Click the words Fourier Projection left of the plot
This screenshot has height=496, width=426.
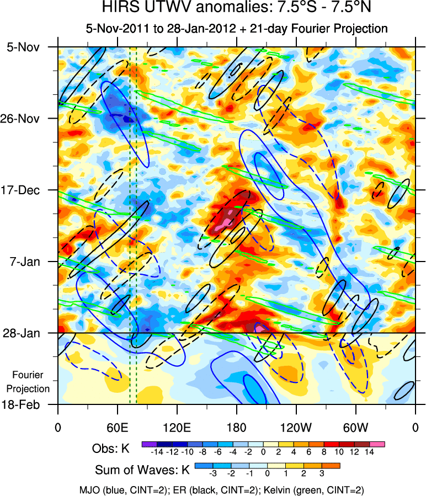coord(31,382)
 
